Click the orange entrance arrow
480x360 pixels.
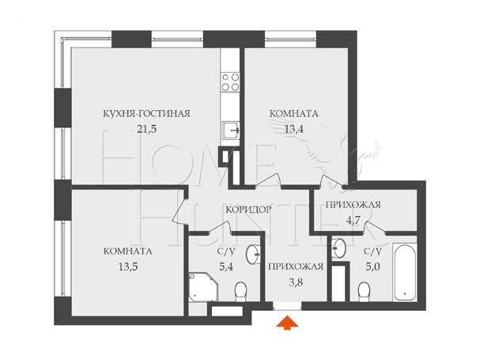tap(287, 323)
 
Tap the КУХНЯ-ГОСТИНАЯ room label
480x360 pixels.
tap(146, 114)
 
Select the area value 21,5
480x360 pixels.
tap(146, 129)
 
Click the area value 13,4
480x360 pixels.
tap(294, 129)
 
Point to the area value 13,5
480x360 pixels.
tap(128, 267)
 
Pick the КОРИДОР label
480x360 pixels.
tap(248, 210)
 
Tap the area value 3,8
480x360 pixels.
tap(296, 282)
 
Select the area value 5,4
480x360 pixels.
tap(226, 267)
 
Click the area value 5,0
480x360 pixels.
tap(372, 267)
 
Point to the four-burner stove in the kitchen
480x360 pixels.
tap(230, 82)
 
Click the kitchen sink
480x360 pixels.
tap(231, 130)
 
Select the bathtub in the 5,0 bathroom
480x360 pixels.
tap(405, 272)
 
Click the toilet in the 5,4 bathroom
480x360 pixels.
tap(240, 291)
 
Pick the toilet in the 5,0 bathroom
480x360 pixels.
tap(364, 292)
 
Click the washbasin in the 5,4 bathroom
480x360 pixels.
tap(254, 254)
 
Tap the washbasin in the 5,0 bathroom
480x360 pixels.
tap(338, 248)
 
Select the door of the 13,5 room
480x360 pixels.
tap(180, 211)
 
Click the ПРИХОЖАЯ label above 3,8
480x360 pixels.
tap(296, 267)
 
